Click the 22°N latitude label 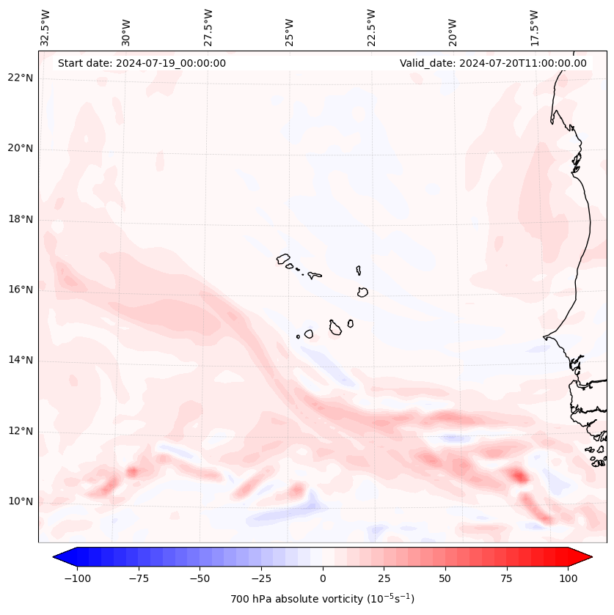pos(20,78)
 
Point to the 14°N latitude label pos(20,360)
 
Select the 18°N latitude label pos(20,219)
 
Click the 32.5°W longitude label pos(45,28)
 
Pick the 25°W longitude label pos(290,28)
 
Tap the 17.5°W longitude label pos(534,28)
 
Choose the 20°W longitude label pos(453,28)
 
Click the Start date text pos(142,63)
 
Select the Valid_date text pos(493,63)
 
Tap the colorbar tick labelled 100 pos(568,578)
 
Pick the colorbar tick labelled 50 pos(445,578)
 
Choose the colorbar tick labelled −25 pos(261,578)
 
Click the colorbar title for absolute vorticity pos(322,599)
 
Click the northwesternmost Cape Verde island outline pos(283,259)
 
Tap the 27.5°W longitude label pos(208,28)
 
